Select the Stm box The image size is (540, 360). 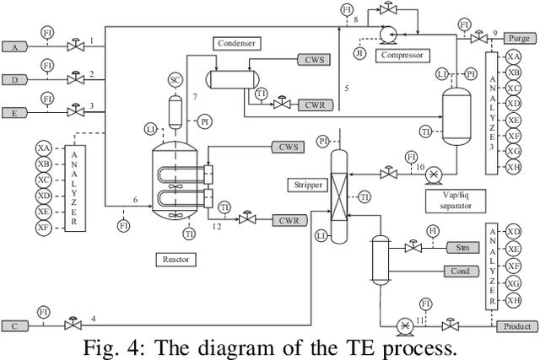click(462, 248)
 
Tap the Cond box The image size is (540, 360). click(462, 271)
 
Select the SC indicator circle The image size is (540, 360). click(175, 80)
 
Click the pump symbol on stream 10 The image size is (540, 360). click(433, 174)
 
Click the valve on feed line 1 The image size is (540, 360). click(72, 43)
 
